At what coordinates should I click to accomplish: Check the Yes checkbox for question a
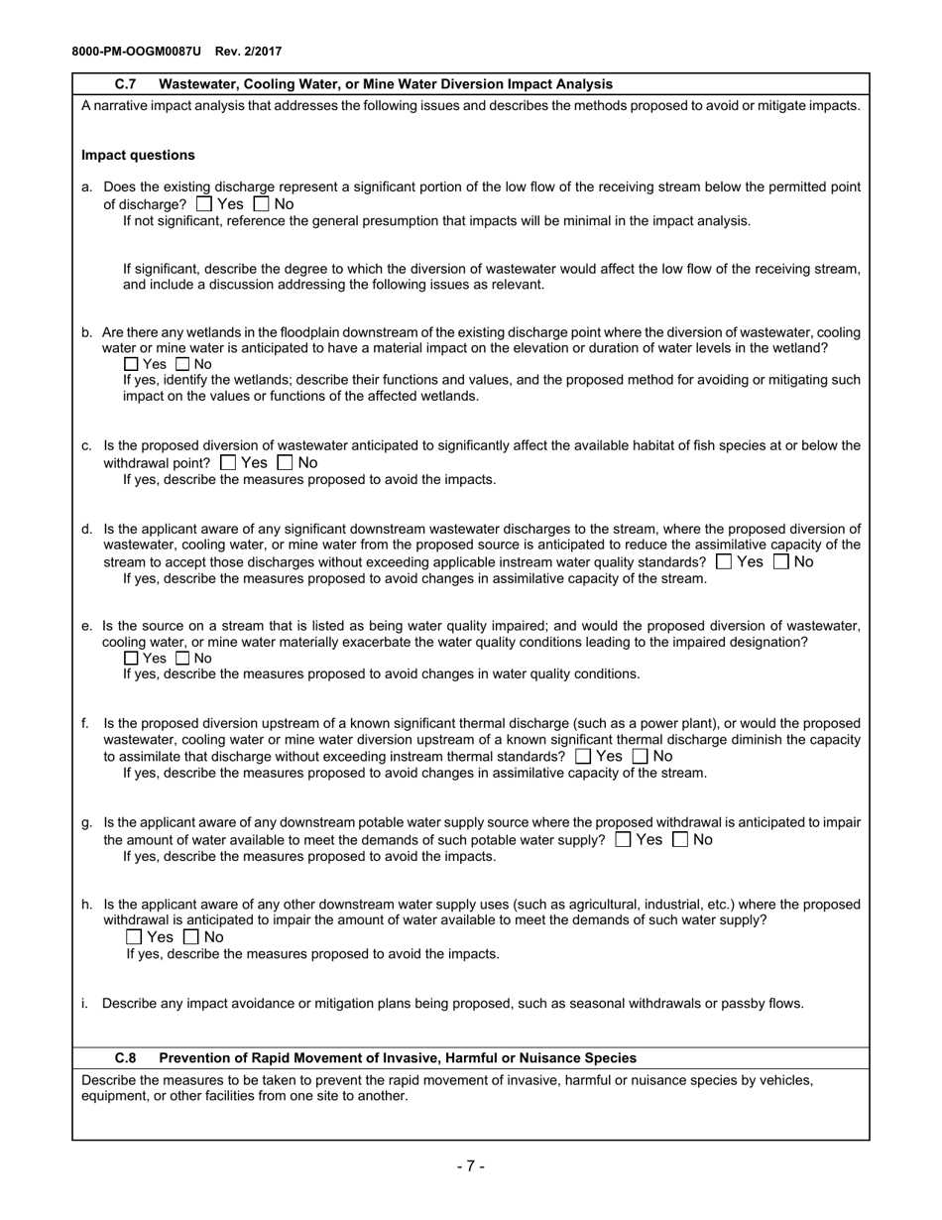coord(204,204)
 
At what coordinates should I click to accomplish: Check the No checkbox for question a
coord(262,204)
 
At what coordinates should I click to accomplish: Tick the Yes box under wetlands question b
coord(132,364)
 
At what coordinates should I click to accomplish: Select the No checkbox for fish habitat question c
coord(286,462)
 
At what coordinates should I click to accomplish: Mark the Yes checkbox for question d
coord(724,561)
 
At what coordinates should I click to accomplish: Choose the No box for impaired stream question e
coord(182,658)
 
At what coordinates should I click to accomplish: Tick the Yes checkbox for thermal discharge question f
coord(583,756)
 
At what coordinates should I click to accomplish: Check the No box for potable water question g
coord(680,839)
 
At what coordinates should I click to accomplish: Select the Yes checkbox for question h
coord(134,936)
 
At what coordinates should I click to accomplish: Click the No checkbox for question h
coord(192,936)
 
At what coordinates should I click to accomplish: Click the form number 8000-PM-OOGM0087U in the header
coord(136,51)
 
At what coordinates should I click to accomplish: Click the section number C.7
coord(126,84)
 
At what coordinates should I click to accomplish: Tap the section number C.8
coord(126,1058)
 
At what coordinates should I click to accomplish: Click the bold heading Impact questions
coord(138,155)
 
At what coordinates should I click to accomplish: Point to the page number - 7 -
coord(470,1165)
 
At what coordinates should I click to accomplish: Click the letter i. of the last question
coord(85,1003)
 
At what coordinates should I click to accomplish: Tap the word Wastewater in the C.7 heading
coord(199,84)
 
